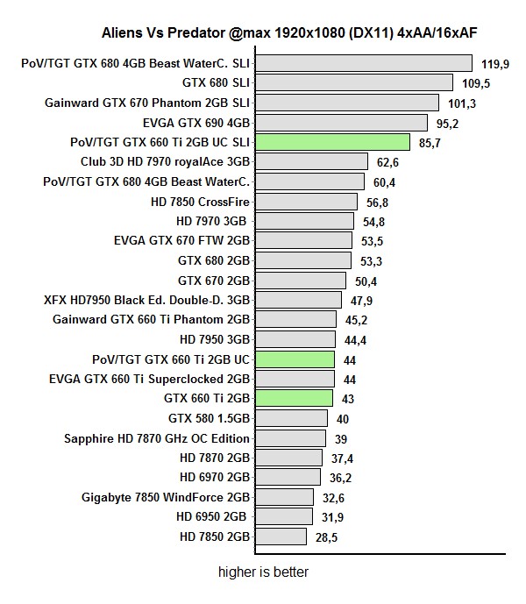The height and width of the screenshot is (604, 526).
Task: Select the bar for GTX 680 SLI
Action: click(x=354, y=82)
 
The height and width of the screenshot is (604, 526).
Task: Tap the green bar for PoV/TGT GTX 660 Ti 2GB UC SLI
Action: click(x=333, y=142)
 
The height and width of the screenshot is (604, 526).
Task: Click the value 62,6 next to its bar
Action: click(x=387, y=162)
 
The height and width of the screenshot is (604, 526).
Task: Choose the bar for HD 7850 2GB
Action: click(x=281, y=536)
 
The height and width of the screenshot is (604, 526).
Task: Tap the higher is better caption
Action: click(x=263, y=572)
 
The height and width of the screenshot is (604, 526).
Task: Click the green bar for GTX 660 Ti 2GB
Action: click(x=295, y=398)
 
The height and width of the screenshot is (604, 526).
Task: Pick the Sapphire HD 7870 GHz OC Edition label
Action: click(x=157, y=438)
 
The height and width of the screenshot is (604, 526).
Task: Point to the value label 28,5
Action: click(x=326, y=536)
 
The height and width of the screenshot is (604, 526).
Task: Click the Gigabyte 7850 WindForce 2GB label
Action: click(x=166, y=497)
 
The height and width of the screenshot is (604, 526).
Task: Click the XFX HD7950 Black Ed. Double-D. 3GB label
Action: click(x=147, y=300)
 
